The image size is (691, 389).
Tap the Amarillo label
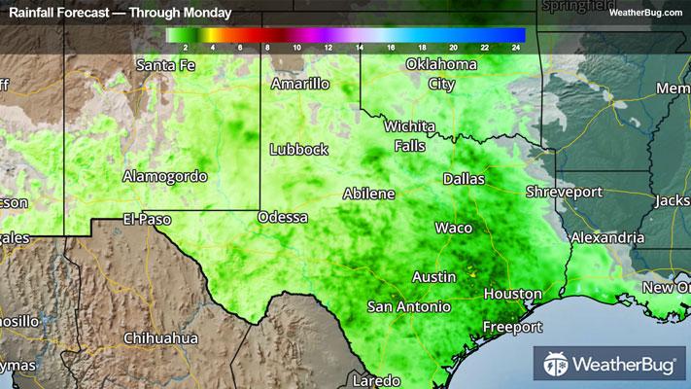point(300,84)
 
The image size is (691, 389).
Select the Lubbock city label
point(299,150)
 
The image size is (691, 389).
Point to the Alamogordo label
point(165,176)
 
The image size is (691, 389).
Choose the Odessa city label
point(283,217)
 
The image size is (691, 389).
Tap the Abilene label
point(369,194)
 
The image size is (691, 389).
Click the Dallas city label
point(464,179)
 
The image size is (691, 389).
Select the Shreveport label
point(565,192)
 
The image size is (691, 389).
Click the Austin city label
point(434,276)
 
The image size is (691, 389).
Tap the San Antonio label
point(409,306)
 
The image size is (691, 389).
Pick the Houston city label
point(512,293)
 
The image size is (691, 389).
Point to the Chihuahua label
point(161,338)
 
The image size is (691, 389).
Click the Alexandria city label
point(607,237)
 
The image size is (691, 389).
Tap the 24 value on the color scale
point(517,47)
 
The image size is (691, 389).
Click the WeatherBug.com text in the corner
point(645,13)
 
